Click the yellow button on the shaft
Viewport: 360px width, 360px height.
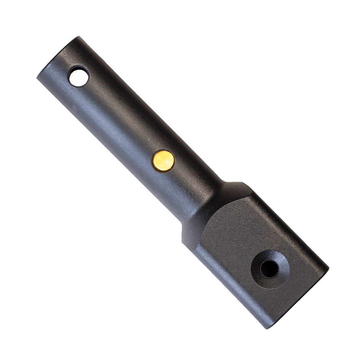(164, 160)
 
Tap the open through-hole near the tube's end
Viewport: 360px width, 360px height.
(78, 76)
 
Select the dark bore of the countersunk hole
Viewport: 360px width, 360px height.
(269, 269)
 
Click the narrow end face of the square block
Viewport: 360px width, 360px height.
(301, 301)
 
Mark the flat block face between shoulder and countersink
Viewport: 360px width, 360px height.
(236, 232)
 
